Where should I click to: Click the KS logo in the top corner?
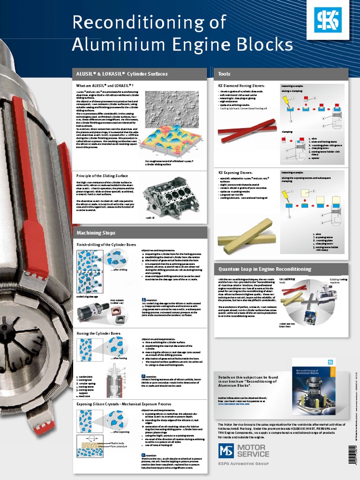[x=328, y=20]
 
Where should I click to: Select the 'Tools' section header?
[x=224, y=74]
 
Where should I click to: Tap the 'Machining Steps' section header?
[x=96, y=233]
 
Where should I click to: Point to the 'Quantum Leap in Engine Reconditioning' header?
[x=265, y=269]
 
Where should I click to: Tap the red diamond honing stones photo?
[x=247, y=131]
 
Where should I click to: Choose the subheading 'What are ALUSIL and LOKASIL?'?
[x=105, y=85]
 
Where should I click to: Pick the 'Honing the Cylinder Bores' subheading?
[x=98, y=333]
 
